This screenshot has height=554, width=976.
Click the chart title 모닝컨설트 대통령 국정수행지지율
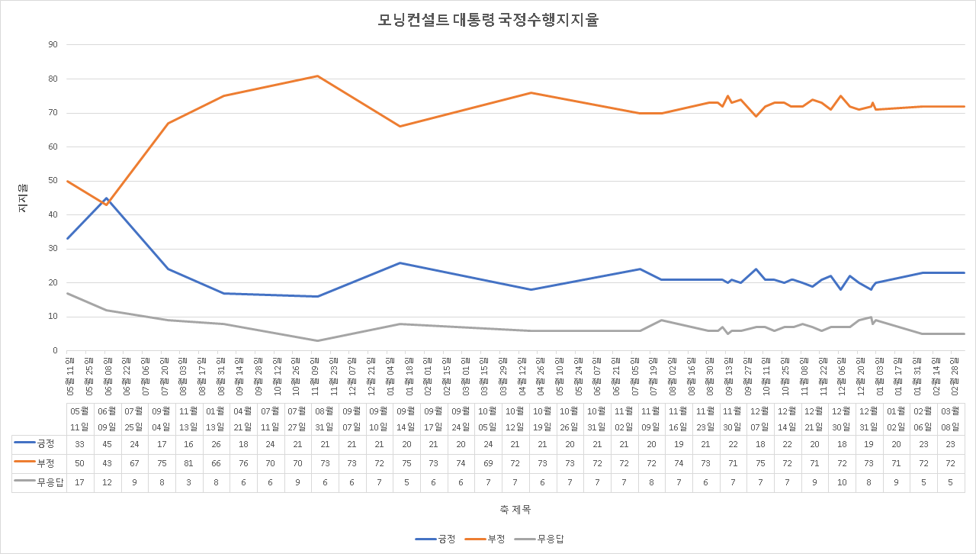(488, 21)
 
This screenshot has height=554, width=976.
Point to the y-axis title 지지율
(23, 198)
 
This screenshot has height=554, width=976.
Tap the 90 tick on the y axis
(53, 44)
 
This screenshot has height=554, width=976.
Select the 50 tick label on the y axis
(53, 181)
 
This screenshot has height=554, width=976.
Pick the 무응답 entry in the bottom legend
(540, 539)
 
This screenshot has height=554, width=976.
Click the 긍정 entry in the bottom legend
(436, 539)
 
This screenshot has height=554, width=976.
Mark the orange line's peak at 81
(317, 76)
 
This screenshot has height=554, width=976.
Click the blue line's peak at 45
(107, 198)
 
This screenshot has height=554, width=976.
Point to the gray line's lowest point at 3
(317, 340)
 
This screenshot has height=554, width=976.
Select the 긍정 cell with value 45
(107, 443)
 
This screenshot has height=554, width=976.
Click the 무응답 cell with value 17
(79, 482)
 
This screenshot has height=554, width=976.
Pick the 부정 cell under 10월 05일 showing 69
(489, 463)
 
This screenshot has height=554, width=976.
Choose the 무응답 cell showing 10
(841, 482)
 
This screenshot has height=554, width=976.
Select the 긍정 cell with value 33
(79, 443)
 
